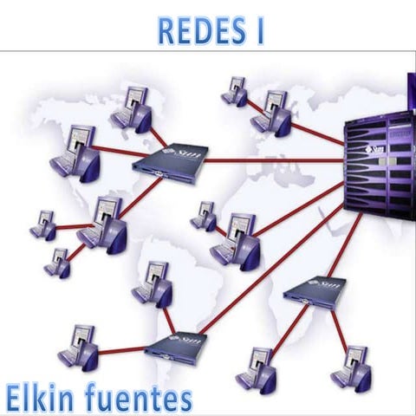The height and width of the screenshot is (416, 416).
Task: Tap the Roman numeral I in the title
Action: coord(257,29)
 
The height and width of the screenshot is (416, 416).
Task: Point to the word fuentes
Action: coord(142,398)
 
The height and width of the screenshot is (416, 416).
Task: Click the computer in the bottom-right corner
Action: coord(351,367)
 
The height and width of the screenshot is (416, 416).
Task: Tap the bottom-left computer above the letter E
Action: coord(79,346)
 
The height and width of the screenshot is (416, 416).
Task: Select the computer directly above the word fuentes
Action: coord(258,367)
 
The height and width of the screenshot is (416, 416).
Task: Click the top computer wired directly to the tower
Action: coord(272,112)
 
